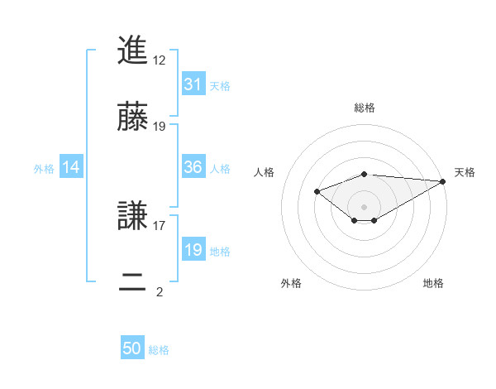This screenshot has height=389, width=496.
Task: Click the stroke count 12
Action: (x=160, y=60)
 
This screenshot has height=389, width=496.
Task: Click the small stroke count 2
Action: (x=160, y=291)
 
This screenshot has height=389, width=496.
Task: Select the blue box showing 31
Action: (x=193, y=84)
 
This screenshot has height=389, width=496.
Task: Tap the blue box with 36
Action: (x=193, y=167)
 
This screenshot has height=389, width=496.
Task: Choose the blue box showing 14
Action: (x=71, y=168)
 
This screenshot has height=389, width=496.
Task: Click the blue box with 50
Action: (x=132, y=349)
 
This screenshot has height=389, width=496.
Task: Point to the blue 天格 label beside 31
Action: (x=220, y=86)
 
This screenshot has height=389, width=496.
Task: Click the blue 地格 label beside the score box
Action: (x=220, y=252)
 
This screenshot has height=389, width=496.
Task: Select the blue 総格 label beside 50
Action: (x=159, y=350)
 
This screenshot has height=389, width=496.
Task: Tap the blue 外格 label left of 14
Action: (x=44, y=169)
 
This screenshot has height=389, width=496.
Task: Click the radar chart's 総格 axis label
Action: (x=365, y=108)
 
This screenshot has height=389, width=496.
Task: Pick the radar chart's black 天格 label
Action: (x=465, y=172)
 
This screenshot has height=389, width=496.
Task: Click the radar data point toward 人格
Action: (x=317, y=192)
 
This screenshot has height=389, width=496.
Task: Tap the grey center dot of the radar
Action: (x=365, y=206)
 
